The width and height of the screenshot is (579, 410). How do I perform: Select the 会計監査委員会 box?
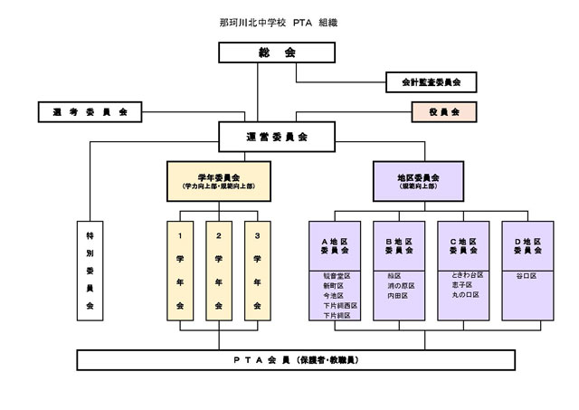point(432,82)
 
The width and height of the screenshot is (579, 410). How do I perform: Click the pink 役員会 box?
point(443,112)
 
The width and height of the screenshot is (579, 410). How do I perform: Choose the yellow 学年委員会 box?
point(218,181)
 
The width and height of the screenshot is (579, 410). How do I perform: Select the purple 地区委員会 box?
point(419,181)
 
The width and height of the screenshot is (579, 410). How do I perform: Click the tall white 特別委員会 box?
point(90,269)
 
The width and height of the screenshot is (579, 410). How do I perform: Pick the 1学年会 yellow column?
point(180,270)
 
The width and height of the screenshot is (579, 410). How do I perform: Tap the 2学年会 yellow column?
point(219,270)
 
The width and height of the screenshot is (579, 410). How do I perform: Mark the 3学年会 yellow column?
point(258,270)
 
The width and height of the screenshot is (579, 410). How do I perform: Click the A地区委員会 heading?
point(336,245)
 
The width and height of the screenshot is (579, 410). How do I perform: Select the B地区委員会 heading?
point(400,245)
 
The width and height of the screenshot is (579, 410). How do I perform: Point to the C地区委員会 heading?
point(463,245)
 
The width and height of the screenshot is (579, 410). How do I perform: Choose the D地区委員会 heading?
point(527,245)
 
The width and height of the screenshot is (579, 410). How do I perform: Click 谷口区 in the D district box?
point(527,274)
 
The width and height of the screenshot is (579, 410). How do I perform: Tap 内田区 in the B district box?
point(399,295)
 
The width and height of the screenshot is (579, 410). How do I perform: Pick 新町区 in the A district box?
point(336,285)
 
